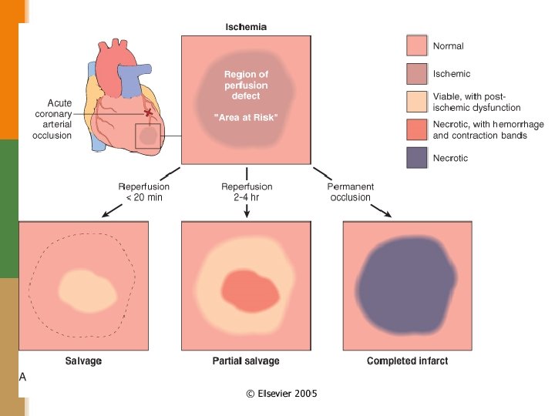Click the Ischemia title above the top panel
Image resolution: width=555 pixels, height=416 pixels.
[245, 26]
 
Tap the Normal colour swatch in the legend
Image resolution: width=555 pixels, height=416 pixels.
[417, 45]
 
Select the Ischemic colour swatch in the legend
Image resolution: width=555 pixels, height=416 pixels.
[417, 74]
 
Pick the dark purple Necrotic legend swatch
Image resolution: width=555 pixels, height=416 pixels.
[417, 158]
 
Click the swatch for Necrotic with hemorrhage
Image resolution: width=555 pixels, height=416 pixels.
[417, 129]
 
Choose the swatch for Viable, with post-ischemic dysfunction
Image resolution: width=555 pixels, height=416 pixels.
[417, 102]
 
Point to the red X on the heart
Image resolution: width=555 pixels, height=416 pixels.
[148, 112]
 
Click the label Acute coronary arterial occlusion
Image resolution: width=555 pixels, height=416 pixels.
[59, 119]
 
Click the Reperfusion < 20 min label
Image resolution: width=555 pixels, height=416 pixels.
[143, 192]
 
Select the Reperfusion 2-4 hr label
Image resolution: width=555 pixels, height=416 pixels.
[246, 192]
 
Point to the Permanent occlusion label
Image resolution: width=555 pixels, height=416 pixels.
[350, 192]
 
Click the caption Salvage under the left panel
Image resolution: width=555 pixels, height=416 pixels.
[83, 361]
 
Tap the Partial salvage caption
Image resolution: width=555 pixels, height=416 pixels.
[246, 361]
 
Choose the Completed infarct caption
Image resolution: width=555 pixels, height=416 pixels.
[407, 361]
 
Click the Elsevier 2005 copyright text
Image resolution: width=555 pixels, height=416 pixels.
[281, 394]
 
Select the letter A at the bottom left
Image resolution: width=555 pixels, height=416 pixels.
[23, 377]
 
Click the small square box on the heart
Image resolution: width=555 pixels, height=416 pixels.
[148, 136]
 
